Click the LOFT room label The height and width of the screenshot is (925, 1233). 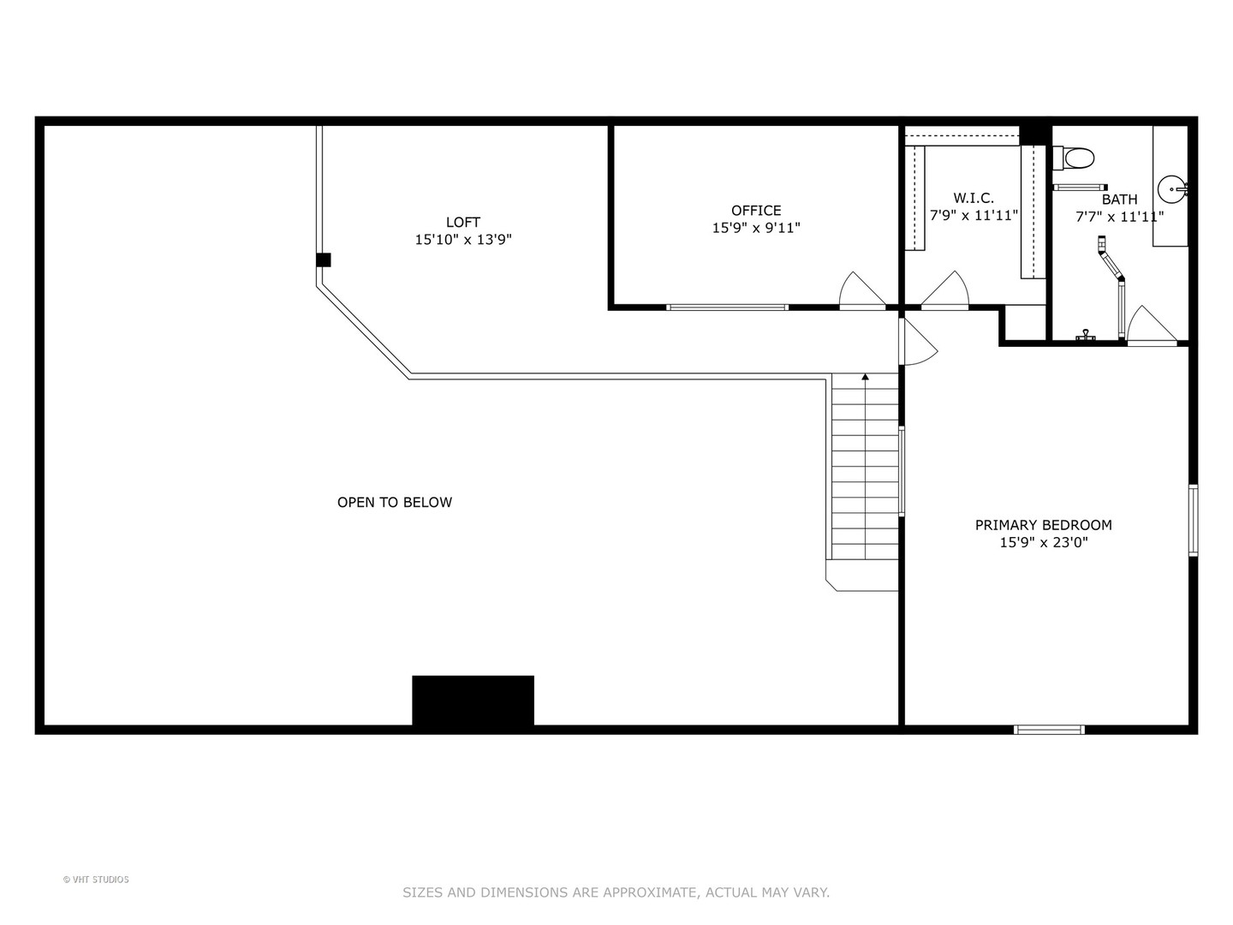462,222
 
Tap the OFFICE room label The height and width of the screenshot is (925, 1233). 755,210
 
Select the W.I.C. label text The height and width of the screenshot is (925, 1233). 974,198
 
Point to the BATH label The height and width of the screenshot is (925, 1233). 1119,200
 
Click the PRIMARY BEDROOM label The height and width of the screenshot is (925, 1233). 1043,524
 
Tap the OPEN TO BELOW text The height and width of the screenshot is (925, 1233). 394,502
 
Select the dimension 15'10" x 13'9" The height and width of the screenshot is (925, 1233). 462,240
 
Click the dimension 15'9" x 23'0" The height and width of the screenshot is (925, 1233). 1043,542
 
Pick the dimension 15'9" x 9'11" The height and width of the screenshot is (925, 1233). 755,228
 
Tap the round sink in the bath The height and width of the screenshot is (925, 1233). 1171,188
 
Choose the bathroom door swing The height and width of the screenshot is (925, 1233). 1150,325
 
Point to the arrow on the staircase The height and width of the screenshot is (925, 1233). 865,377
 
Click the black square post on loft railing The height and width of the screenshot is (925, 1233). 323,260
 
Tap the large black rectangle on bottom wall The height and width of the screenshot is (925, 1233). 473,701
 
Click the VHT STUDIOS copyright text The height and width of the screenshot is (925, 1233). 96,880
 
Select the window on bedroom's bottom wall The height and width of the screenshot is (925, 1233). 1049,730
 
